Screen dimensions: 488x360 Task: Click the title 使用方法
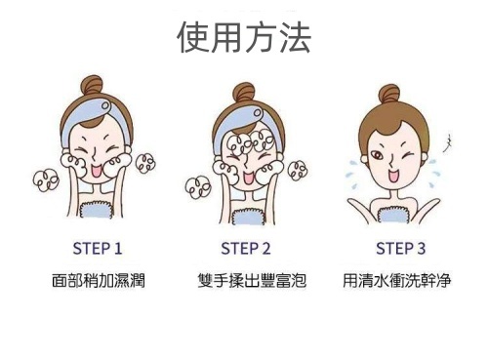244,37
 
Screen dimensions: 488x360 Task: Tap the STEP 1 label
98,249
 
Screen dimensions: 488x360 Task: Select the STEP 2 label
246,249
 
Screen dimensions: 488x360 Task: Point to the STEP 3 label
400,249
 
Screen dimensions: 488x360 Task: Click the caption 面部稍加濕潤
99,280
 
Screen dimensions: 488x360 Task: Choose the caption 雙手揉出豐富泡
252,280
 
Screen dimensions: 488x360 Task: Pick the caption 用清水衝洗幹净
397,280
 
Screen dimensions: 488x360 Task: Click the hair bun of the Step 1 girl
92,86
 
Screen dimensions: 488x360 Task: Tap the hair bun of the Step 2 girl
243,93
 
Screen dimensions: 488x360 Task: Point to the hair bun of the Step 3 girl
389,95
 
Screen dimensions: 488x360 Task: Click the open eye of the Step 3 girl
378,155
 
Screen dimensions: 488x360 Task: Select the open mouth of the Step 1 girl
97,171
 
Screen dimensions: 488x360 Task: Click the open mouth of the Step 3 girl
392,176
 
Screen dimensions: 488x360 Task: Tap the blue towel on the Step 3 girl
393,215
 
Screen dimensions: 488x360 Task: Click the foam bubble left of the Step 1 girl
46,180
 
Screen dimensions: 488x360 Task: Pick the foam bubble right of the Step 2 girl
298,171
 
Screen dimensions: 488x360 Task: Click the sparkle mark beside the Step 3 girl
449,143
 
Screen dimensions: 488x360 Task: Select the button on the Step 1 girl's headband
105,105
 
